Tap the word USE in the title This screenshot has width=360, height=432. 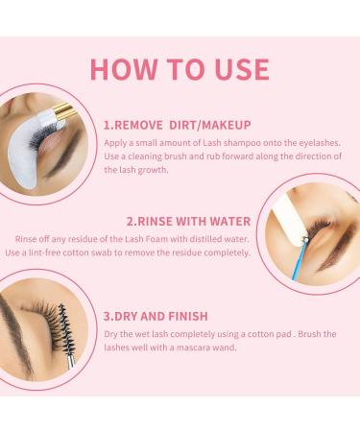[x=235, y=70]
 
